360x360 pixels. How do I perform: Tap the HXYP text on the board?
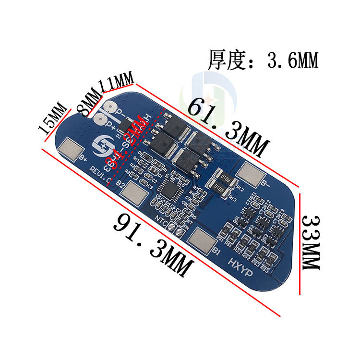pyautogui.click(x=240, y=264)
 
